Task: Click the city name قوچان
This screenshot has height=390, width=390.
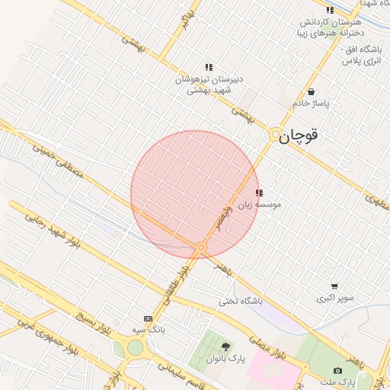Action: coord(297,137)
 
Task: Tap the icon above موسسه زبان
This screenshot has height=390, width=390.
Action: coord(259,193)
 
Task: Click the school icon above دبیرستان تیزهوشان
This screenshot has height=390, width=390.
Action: coord(209,68)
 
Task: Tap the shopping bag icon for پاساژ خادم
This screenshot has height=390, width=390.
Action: coord(311,91)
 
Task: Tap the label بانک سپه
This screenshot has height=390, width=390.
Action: coord(148,330)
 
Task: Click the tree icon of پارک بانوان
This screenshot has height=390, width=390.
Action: coord(225,347)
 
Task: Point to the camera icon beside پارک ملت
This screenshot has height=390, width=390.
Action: coord(338,371)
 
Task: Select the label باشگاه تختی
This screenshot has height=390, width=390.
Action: coord(240,301)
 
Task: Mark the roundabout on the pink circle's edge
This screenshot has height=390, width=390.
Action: coord(201,248)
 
